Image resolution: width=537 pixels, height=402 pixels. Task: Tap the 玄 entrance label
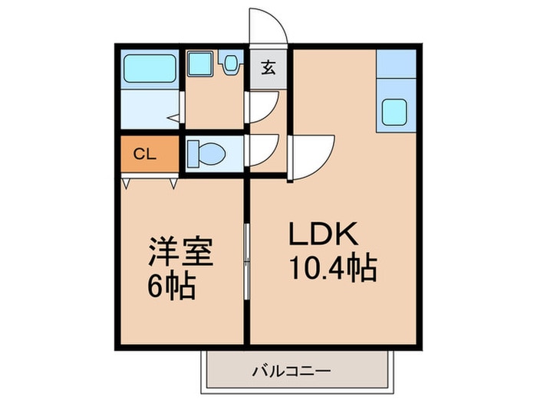(x=268, y=67)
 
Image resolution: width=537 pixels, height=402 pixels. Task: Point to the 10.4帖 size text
(x=332, y=269)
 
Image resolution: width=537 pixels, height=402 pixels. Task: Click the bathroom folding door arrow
(x=175, y=119)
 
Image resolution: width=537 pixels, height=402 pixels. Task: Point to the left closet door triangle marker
(x=125, y=184)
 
